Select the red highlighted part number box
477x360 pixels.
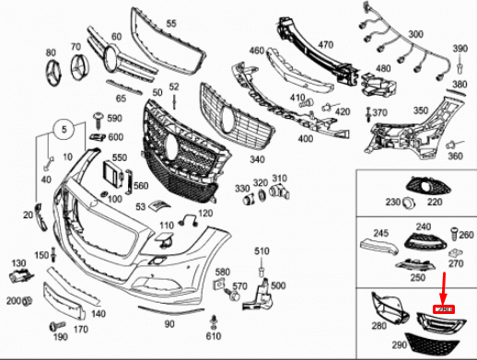click(x=444, y=309)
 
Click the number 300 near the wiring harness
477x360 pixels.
click(x=416, y=34)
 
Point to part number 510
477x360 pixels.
click(x=262, y=250)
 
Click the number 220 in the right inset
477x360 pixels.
click(x=435, y=202)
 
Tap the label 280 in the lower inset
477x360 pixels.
click(x=378, y=326)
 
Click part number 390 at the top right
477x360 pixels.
click(x=460, y=48)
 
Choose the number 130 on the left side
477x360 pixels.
click(x=17, y=264)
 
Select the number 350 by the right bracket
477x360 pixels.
click(x=420, y=110)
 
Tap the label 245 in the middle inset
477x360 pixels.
click(x=379, y=235)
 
